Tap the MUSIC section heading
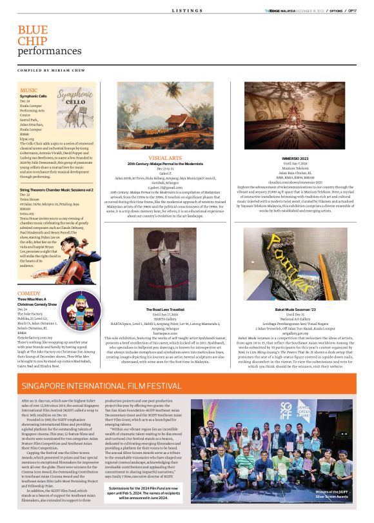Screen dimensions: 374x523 click(28, 90)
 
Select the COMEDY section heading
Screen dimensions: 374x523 click(30, 293)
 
